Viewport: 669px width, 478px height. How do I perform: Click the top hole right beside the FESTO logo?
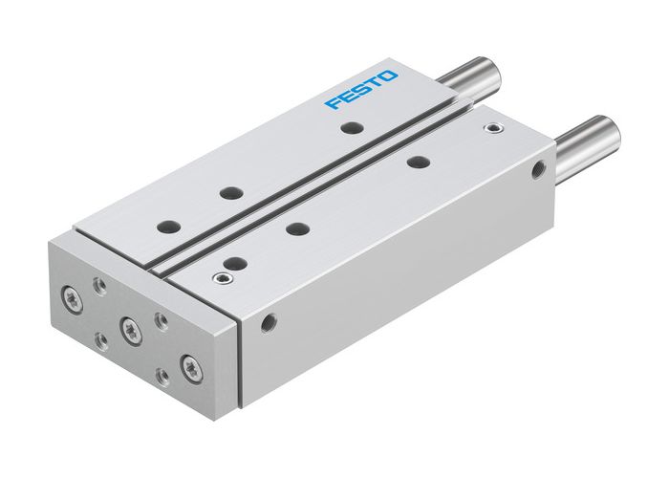pyautogui.click(x=352, y=126)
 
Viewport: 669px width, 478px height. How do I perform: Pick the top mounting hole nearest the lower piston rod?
pyautogui.click(x=415, y=162)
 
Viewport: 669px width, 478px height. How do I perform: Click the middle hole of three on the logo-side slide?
pyautogui.click(x=228, y=192)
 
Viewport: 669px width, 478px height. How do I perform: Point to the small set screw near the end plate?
pyautogui.click(x=222, y=278)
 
